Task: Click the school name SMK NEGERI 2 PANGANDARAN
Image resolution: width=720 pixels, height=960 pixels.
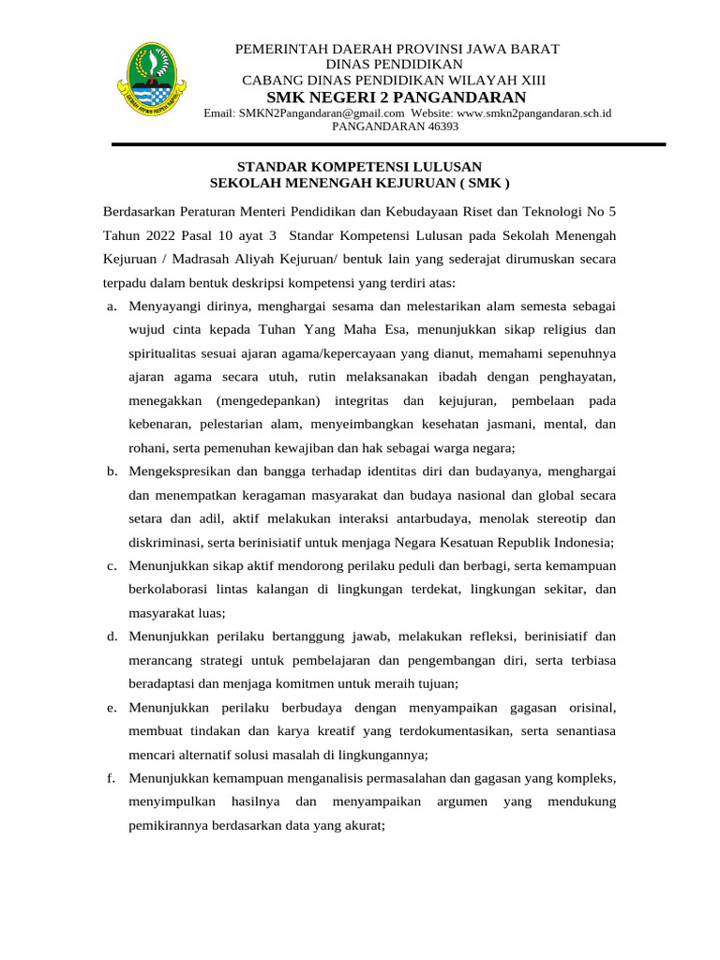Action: coord(397,98)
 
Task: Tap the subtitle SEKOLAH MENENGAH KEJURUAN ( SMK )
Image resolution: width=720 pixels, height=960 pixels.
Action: coord(360,182)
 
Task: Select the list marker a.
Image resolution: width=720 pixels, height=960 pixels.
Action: coord(112,306)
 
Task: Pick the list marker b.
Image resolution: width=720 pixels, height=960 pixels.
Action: coord(112,471)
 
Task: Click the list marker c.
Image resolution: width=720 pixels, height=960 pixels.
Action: coord(112,565)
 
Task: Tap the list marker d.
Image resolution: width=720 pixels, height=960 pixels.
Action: coord(112,637)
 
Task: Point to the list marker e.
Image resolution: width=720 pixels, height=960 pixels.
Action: coord(112,707)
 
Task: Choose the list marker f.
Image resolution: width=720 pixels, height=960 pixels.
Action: coord(112,778)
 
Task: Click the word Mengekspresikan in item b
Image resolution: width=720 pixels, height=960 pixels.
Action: coord(183,471)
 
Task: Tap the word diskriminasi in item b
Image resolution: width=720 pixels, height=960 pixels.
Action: coord(161,542)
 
